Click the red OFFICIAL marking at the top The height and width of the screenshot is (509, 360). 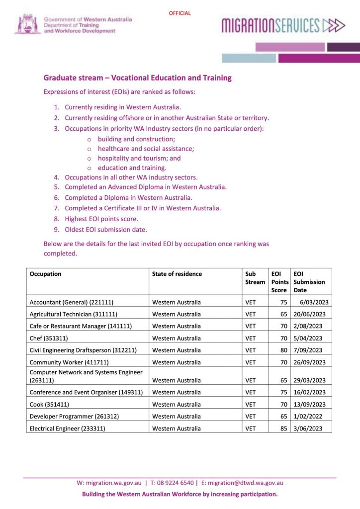180,13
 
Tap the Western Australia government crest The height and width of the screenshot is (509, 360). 27,24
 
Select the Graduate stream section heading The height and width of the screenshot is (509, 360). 137,78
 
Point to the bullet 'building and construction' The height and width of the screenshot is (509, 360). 136,139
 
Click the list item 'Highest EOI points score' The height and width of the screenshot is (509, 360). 101,219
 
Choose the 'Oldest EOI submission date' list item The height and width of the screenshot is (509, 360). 106,230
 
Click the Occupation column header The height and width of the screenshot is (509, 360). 46,274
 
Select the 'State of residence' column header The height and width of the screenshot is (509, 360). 177,274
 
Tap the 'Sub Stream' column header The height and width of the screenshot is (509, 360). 255,278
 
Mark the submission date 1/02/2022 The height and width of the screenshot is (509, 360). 309,417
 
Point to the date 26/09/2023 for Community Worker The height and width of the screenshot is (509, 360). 309,362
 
